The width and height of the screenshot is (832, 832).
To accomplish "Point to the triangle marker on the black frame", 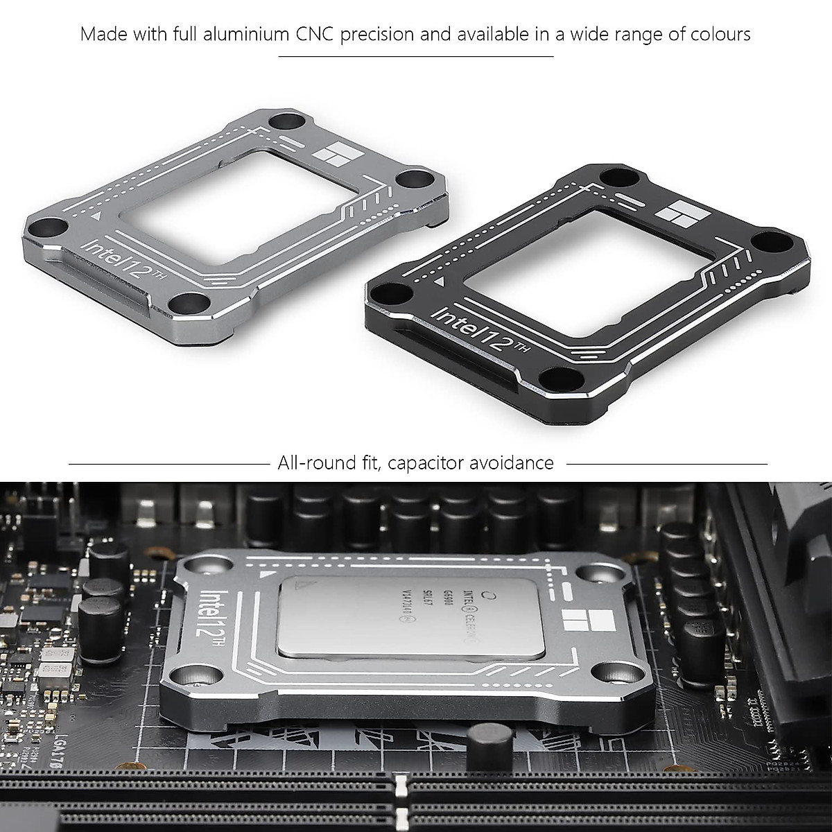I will (x=439, y=283).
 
